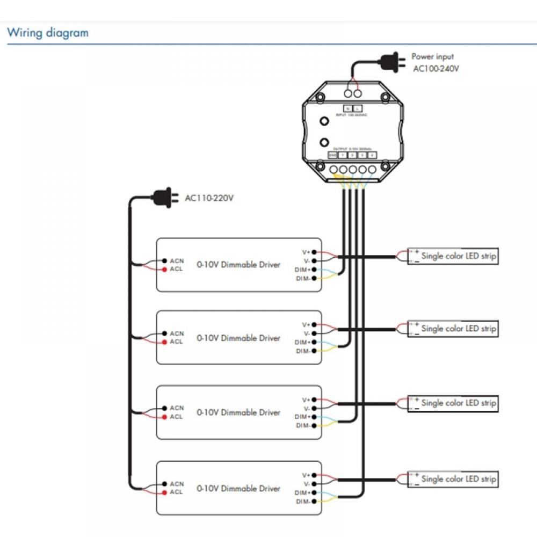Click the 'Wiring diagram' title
point(48,33)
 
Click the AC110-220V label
point(209,198)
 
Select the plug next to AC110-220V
point(164,198)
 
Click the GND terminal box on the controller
point(332,155)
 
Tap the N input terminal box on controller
point(347,109)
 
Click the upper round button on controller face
point(324,121)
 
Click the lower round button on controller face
point(324,142)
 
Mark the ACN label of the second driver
point(177,333)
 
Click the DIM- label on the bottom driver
point(303,502)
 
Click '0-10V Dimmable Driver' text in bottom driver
point(238,489)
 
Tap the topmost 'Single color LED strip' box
point(453,256)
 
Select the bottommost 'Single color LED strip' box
point(453,479)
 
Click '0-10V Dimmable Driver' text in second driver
point(238,338)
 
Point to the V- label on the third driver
point(307,408)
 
